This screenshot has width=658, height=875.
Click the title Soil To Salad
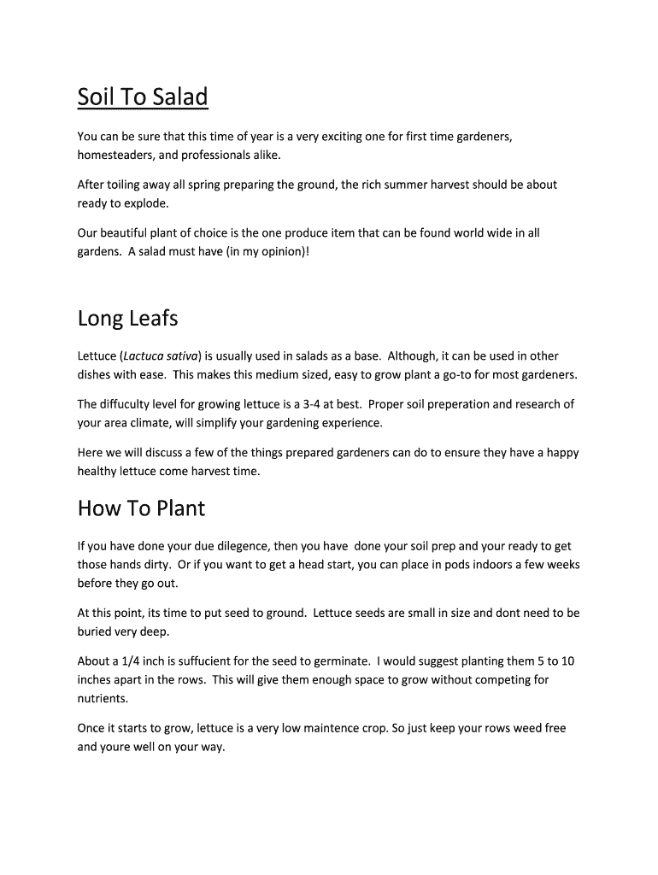click(143, 97)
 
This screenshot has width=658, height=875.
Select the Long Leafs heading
click(127, 319)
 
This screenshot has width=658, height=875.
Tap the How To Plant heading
click(141, 508)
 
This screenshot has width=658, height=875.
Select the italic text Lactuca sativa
click(162, 355)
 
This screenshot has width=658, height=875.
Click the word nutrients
click(103, 698)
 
